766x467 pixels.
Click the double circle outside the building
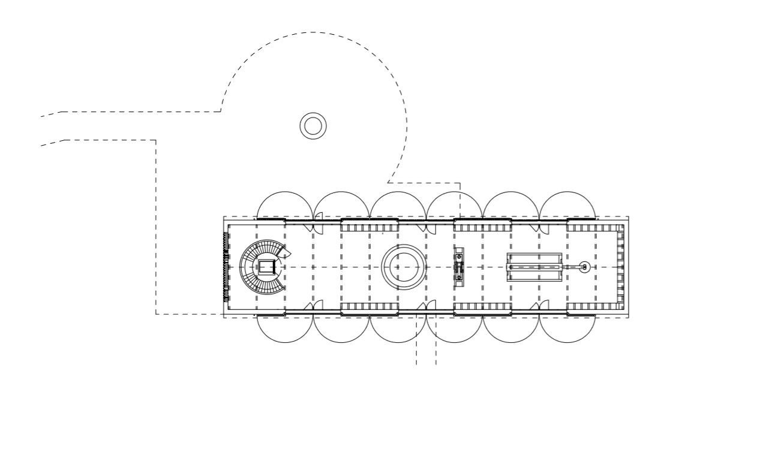tap(313, 126)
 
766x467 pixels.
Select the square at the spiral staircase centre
tap(266, 267)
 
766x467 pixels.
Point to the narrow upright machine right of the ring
tap(459, 267)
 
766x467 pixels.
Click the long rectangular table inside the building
tap(534, 267)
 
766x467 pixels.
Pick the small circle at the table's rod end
tap(585, 267)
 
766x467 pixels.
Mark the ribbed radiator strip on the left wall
tap(226, 267)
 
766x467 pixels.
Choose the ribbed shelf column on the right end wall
tap(620, 267)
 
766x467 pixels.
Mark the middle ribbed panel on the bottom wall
tap(482, 307)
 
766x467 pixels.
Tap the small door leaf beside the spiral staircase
tap(286, 254)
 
